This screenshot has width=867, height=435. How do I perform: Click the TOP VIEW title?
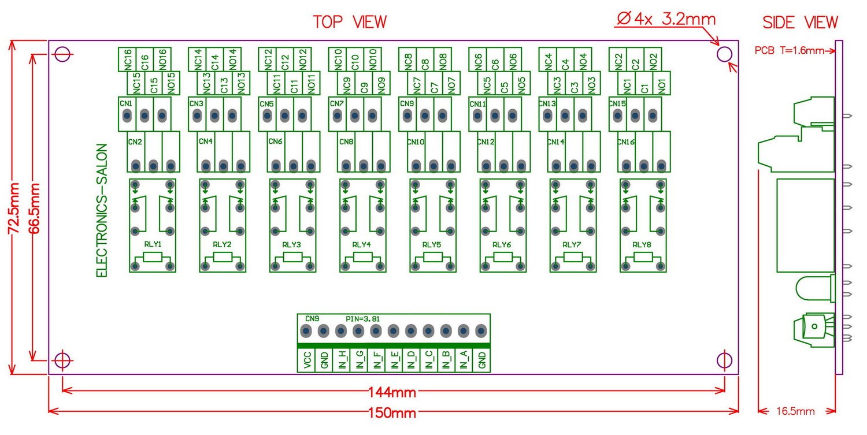[350, 22]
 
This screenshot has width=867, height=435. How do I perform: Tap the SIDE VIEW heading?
[800, 23]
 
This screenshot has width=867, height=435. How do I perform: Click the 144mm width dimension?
[392, 393]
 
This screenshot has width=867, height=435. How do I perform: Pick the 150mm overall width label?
[392, 413]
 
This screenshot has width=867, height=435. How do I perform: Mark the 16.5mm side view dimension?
[796, 411]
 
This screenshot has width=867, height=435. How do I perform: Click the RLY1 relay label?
[152, 244]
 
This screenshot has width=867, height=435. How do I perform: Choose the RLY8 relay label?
[642, 244]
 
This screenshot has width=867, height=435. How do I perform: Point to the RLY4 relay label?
[362, 244]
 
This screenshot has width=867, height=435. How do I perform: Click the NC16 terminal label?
[128, 59]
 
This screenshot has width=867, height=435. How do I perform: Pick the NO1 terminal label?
[662, 85]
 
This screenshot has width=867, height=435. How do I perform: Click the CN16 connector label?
[625, 142]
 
